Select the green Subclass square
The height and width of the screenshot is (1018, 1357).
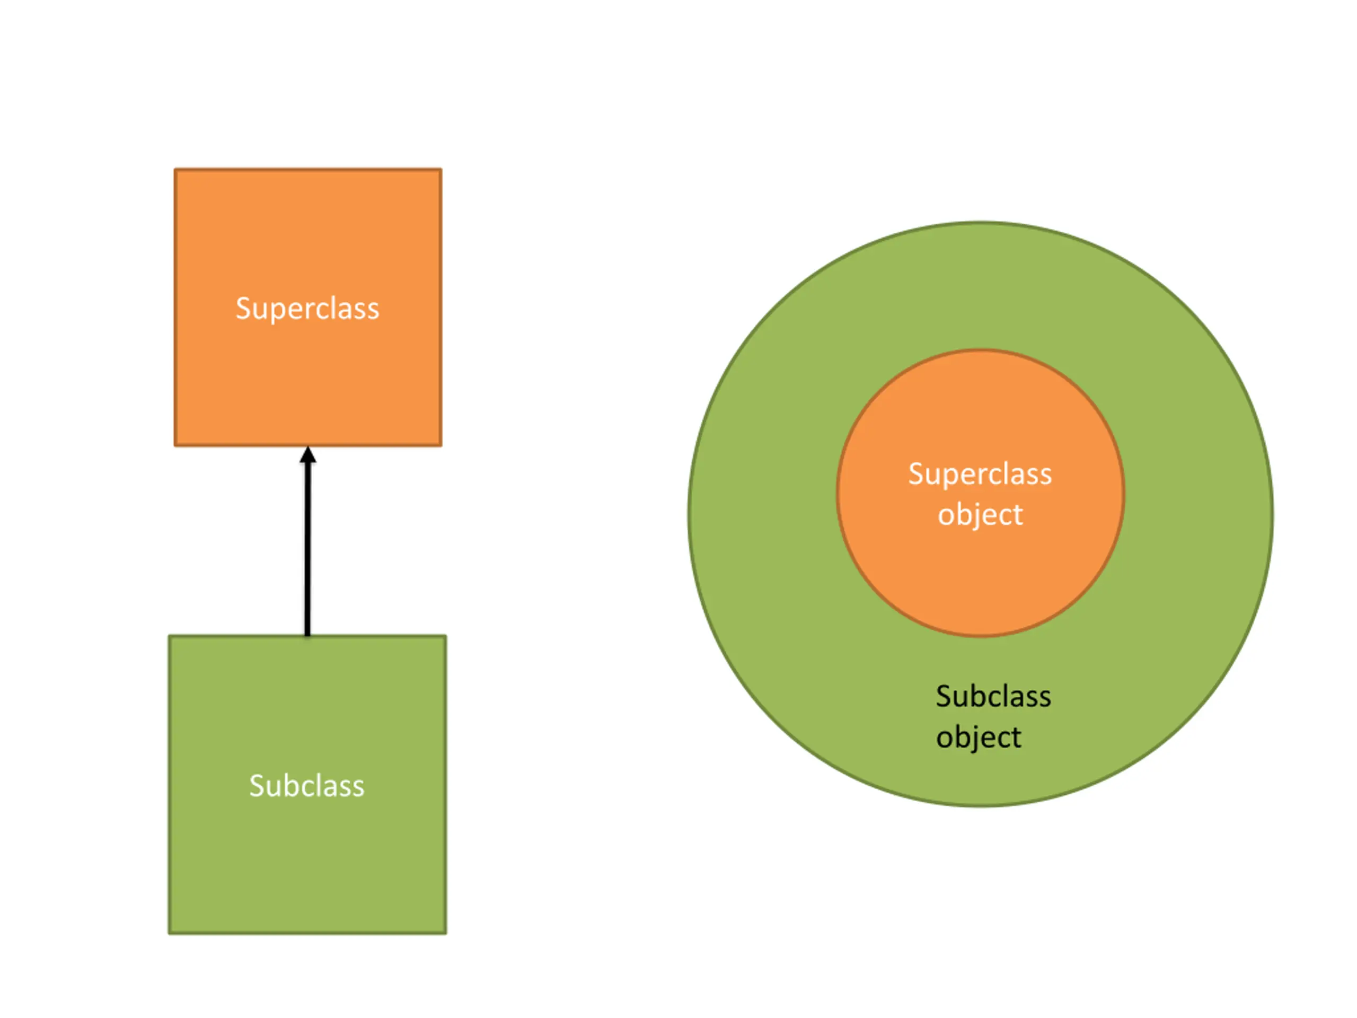(x=307, y=859)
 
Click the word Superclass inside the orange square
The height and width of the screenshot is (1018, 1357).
(x=307, y=308)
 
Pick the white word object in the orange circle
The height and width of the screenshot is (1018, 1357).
(x=980, y=514)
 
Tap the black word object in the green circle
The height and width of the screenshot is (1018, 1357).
(x=979, y=737)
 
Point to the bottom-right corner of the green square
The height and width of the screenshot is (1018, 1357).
(x=445, y=933)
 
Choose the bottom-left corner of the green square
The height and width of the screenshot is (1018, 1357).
(x=170, y=933)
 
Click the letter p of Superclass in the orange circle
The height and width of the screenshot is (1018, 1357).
(x=948, y=477)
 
